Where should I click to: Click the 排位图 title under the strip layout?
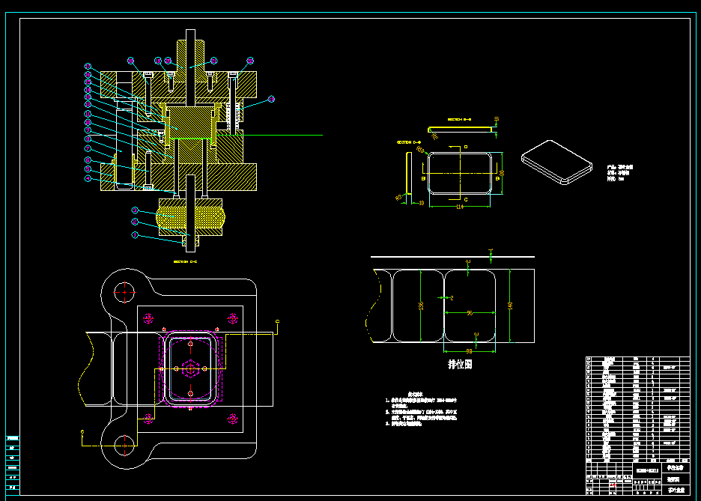(460, 364)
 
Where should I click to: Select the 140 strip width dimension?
(510, 306)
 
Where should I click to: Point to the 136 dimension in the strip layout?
(420, 306)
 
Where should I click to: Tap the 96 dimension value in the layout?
(469, 312)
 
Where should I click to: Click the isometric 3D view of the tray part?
(555, 161)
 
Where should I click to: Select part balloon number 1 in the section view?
(135, 235)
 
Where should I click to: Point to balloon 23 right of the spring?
(271, 98)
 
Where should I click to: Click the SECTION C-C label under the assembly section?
(186, 262)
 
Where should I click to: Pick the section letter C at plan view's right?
(278, 322)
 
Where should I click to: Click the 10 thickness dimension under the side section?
(421, 203)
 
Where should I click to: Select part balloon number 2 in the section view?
(135, 222)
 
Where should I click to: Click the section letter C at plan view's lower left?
(82, 432)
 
